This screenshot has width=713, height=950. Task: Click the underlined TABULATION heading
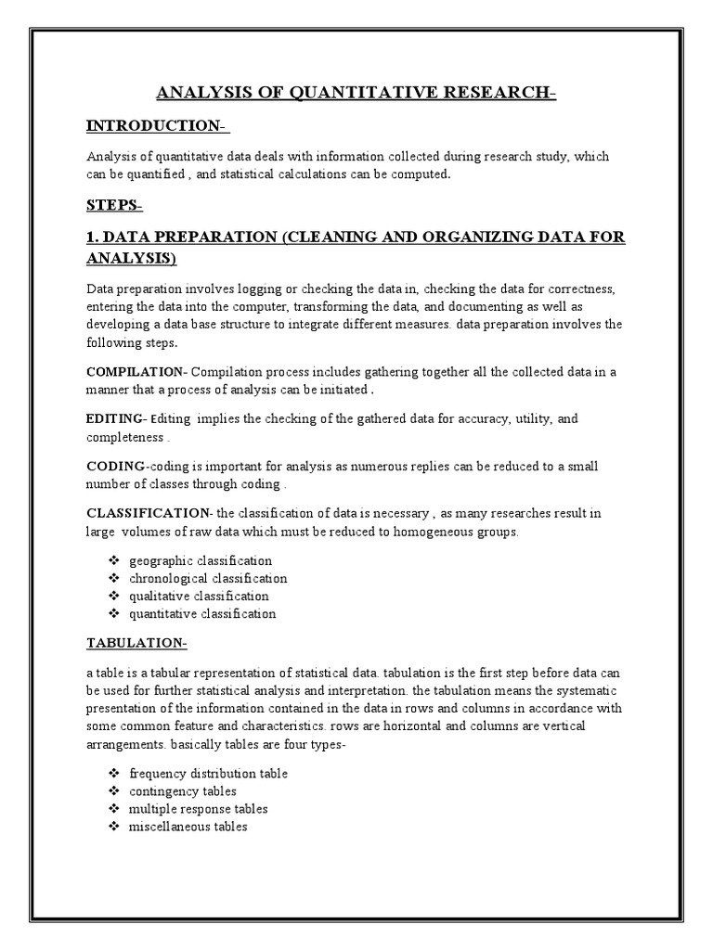coord(136,643)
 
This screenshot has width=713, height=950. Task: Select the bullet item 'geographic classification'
coord(201,560)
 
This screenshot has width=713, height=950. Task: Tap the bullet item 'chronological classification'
coord(208,578)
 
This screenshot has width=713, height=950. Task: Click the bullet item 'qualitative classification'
coord(199,596)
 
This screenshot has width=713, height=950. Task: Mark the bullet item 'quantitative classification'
coord(202,613)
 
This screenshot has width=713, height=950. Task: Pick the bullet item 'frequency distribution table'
coord(208,773)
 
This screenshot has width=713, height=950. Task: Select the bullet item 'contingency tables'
coord(183,790)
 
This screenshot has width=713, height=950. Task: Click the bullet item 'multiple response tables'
coord(198,808)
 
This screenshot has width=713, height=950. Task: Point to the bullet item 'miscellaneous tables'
coord(188,826)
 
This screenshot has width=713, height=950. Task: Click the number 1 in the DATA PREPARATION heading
coord(91,238)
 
